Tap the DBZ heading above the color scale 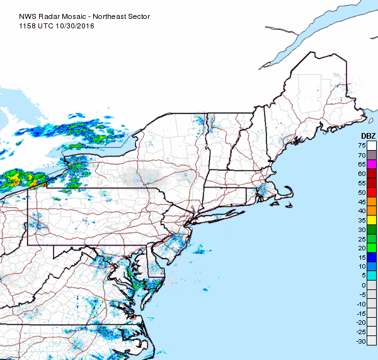(x=368, y=136)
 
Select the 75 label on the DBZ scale (x=362, y=146)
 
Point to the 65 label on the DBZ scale (x=362, y=164)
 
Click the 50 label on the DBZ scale (x=362, y=192)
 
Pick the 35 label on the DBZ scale (x=362, y=219)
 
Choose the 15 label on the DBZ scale (x=362, y=257)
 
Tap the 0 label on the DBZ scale (x=364, y=285)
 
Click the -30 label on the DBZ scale (x=362, y=340)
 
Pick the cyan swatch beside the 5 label (x=372, y=275)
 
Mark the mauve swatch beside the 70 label (x=372, y=154)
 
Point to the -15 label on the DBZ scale (x=362, y=313)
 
